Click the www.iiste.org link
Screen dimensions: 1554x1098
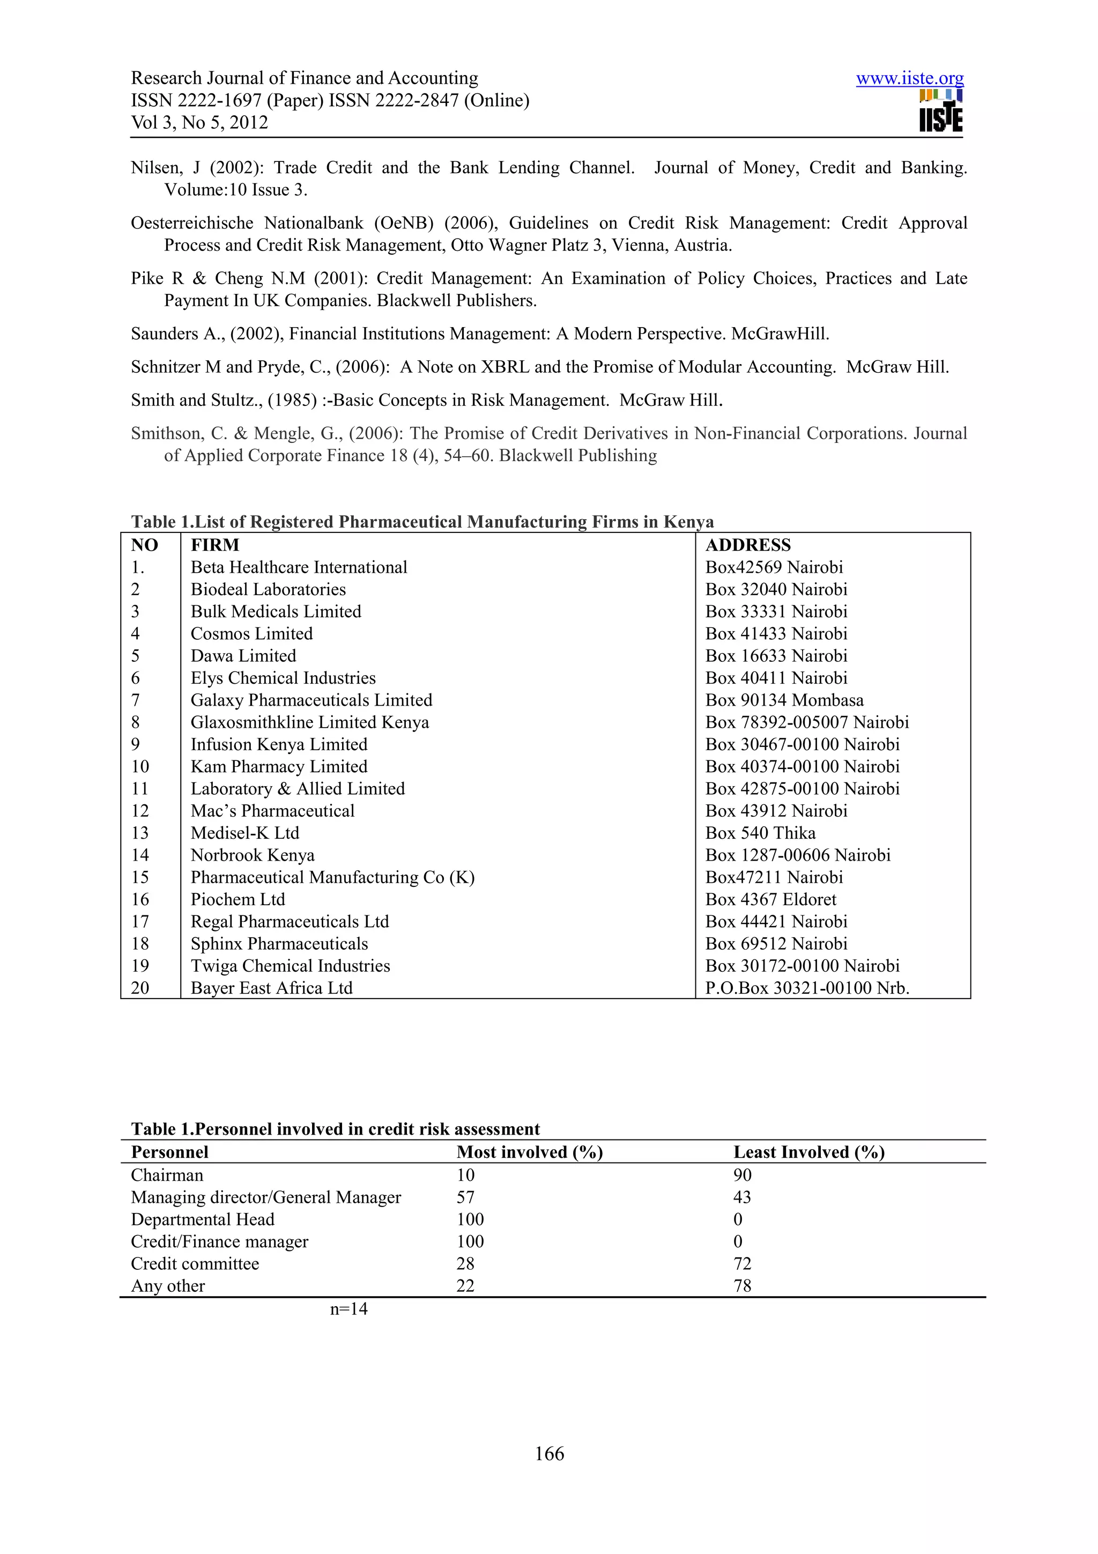point(909,78)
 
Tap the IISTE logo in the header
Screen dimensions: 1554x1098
point(940,111)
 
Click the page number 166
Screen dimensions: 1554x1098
point(548,1454)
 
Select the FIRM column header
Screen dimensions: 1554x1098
point(214,545)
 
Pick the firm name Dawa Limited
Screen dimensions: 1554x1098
point(243,656)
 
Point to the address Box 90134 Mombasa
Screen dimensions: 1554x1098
point(784,700)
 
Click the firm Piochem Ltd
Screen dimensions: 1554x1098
point(238,899)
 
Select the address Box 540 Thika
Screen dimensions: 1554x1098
point(760,833)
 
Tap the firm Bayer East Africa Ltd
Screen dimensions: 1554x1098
point(271,988)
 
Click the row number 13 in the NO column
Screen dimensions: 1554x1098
point(140,833)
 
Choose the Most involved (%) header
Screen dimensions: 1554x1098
point(529,1152)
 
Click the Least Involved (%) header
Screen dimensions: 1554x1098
point(808,1152)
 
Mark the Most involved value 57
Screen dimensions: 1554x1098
point(465,1197)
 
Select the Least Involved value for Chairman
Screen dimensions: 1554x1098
point(742,1175)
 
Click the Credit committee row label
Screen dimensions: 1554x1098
point(195,1264)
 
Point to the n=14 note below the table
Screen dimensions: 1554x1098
point(348,1309)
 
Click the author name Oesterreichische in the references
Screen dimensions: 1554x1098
point(191,224)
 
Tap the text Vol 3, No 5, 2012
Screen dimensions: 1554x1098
point(199,122)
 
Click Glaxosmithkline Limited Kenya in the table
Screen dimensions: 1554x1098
point(309,722)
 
